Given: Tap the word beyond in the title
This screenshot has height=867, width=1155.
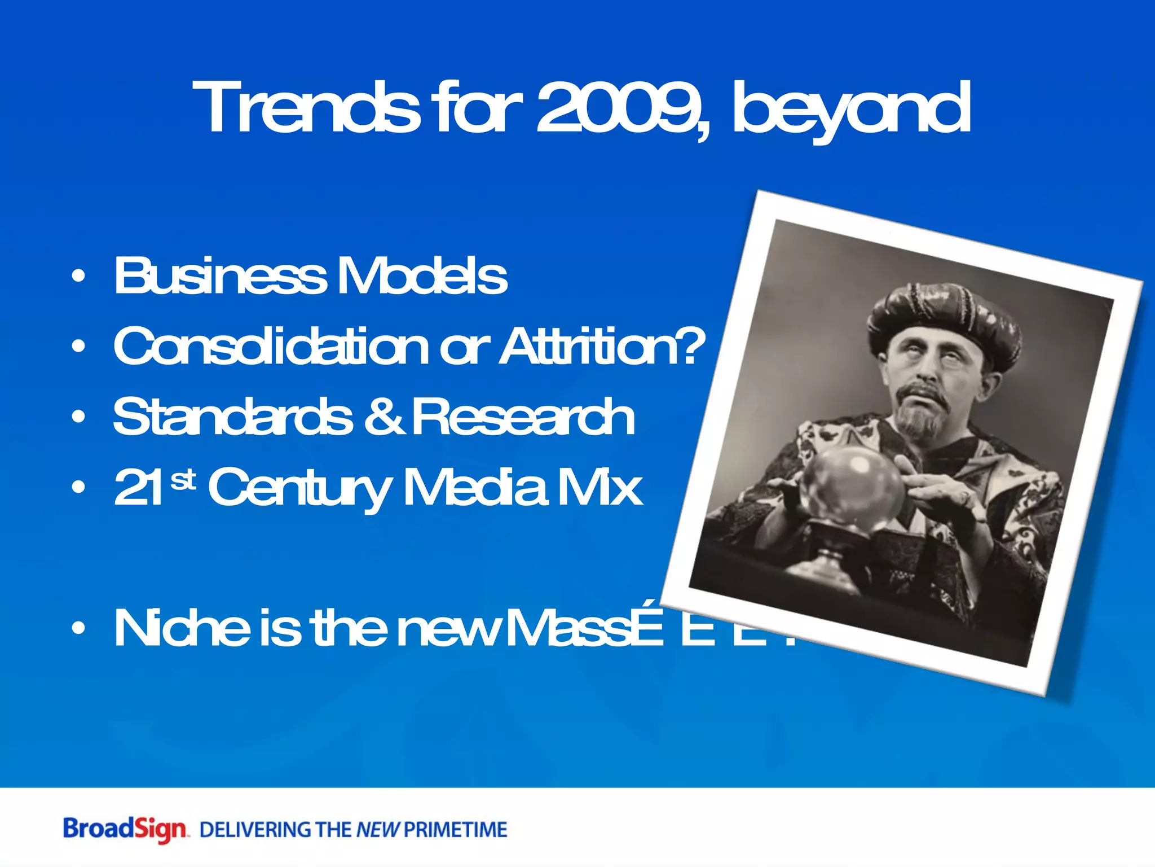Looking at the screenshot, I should (x=852, y=110).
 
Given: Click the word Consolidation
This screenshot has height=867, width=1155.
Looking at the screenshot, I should (x=271, y=346).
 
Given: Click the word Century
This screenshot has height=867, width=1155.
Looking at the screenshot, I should (x=299, y=488).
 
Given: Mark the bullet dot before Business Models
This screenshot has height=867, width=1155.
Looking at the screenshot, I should (x=79, y=276).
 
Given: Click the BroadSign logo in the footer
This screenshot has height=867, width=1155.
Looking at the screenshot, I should (x=124, y=829).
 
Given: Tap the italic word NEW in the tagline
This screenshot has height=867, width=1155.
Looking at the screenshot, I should (x=377, y=830).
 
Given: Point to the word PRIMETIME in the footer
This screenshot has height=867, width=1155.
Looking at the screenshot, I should (x=456, y=830).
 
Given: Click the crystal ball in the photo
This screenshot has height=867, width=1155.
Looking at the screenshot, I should (x=852, y=485).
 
